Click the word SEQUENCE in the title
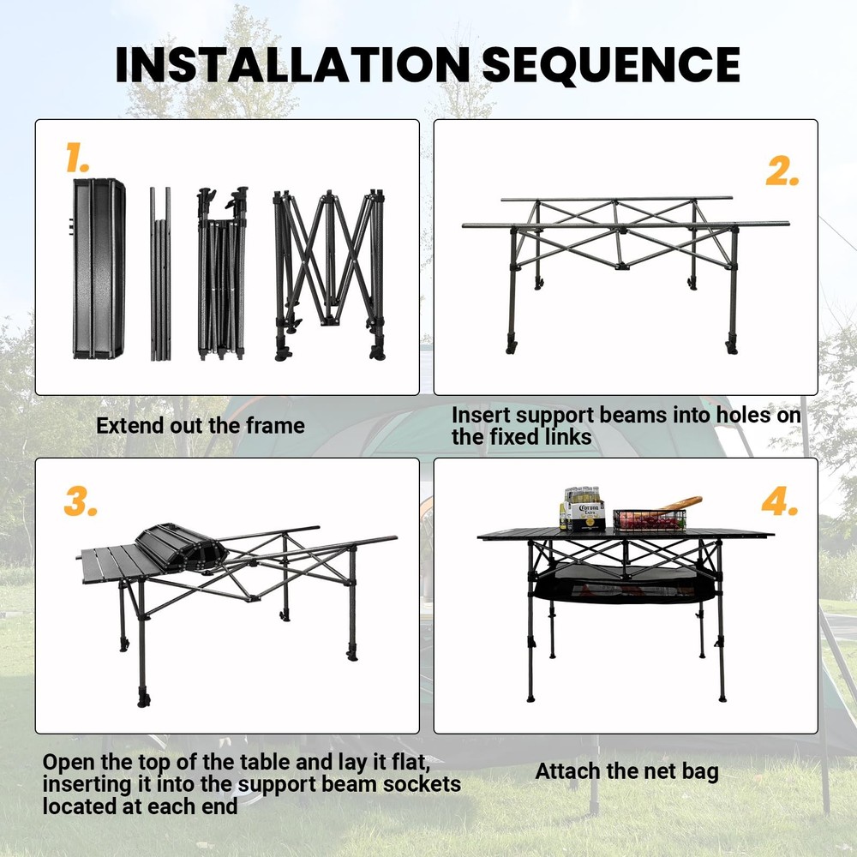click(x=609, y=63)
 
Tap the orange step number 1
click(x=77, y=159)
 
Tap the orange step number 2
click(x=782, y=172)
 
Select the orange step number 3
click(x=80, y=502)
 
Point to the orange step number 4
click(x=780, y=502)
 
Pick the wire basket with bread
click(x=650, y=518)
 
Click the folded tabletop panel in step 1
click(x=99, y=268)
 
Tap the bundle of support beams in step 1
click(x=160, y=273)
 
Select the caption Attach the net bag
click(x=626, y=771)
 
